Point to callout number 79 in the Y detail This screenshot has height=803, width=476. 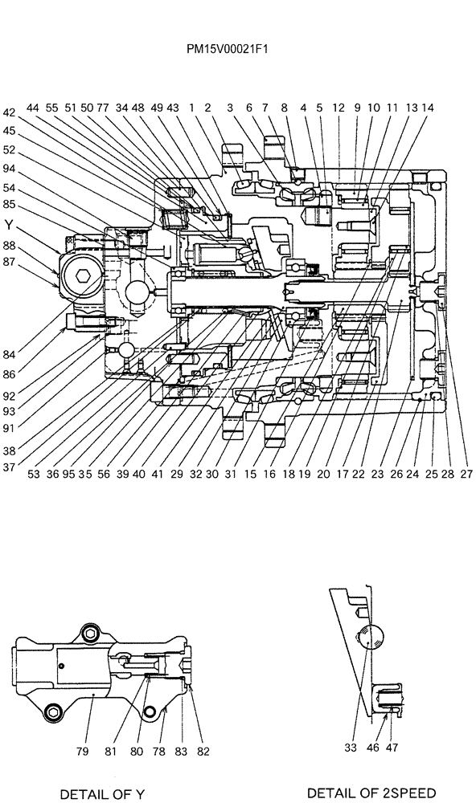click(x=83, y=752)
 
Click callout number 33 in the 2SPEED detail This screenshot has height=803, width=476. click(x=350, y=747)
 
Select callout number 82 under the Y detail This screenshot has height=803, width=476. click(x=203, y=752)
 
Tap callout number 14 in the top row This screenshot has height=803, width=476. click(x=427, y=107)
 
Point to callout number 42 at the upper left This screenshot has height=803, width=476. click(x=9, y=113)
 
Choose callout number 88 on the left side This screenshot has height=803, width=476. click(x=9, y=247)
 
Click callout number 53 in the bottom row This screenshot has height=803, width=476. click(x=33, y=475)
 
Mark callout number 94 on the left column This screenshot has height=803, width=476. click(x=9, y=169)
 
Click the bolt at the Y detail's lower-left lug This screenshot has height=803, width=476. click(x=54, y=711)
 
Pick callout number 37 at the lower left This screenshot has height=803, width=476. click(x=9, y=467)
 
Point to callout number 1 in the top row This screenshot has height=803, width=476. click(x=192, y=107)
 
